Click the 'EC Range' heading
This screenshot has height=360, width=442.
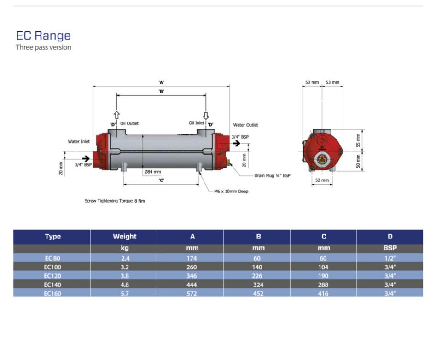point(43,35)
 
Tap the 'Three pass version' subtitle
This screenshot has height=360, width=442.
point(43,47)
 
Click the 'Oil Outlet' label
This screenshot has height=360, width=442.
point(129,123)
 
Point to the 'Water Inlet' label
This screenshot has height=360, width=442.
point(79,141)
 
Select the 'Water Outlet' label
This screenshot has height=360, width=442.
point(245,125)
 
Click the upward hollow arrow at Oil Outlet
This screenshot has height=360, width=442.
point(116,115)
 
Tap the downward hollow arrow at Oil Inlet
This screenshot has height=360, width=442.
point(206,116)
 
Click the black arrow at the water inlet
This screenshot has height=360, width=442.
point(86,158)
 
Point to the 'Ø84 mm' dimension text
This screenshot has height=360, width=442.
point(152,172)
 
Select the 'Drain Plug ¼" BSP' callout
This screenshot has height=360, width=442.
point(272,176)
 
